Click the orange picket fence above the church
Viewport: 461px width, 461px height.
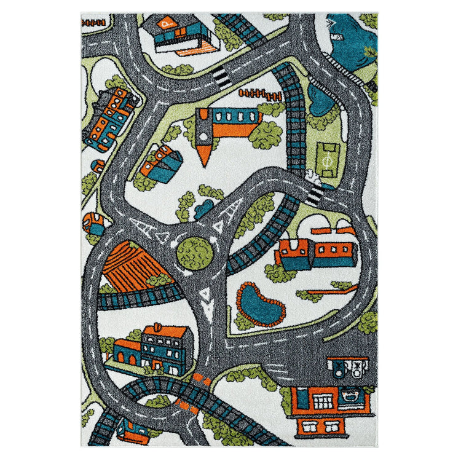coord(260,95)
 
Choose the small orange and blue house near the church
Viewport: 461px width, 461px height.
coord(161,161)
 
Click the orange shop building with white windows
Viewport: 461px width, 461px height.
coord(330,400)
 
